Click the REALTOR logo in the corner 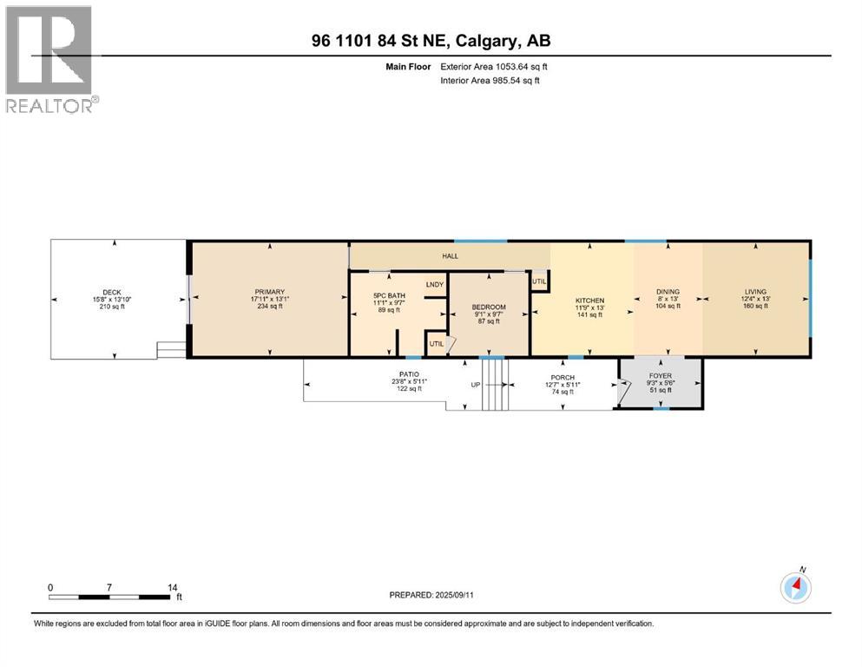50,59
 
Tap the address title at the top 431,40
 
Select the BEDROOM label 488,307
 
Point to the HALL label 450,256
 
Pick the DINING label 667,292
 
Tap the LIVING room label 755,292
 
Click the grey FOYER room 661,383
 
